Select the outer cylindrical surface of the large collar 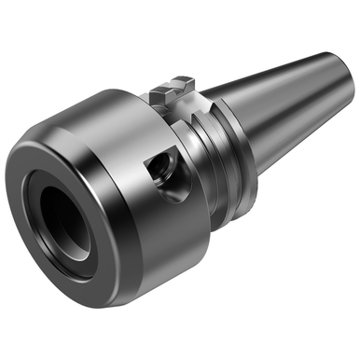click(x=121, y=131)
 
